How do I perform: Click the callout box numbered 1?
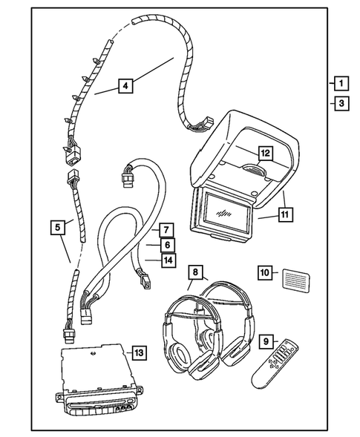[x=339, y=83]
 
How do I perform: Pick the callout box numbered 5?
[x=57, y=228]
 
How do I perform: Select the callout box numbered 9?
[x=264, y=341]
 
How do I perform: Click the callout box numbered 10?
[x=265, y=272]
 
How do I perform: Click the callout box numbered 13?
[x=138, y=352]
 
